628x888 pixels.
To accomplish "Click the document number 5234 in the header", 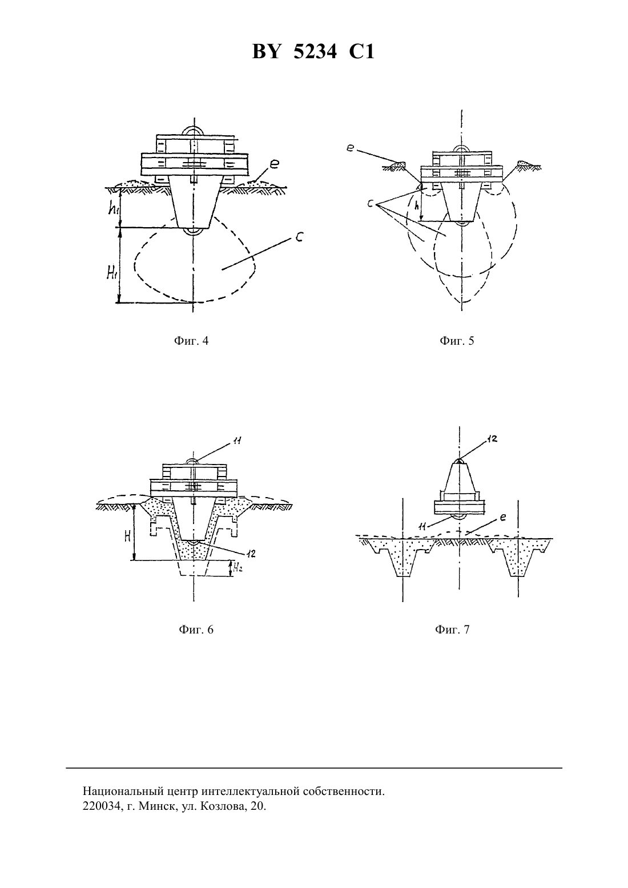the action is (x=315, y=52).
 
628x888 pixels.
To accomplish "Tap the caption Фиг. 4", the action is (x=191, y=341).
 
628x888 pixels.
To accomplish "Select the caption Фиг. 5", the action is (x=457, y=341).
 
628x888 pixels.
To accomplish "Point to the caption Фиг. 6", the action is (x=196, y=629).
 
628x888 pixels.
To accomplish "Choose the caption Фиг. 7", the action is (x=452, y=629).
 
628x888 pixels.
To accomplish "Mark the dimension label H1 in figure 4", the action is (x=113, y=272).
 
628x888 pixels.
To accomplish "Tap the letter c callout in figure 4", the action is (x=299, y=237).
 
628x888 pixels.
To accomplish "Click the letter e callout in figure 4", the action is (x=274, y=164).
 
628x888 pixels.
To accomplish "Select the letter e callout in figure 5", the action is (x=349, y=148).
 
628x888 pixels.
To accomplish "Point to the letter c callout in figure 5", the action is (x=371, y=204).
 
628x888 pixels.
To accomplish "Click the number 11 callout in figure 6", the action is (x=237, y=440).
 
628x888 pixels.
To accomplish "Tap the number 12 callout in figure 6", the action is (x=251, y=554).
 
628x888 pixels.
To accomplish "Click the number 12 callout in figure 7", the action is (x=492, y=439).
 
